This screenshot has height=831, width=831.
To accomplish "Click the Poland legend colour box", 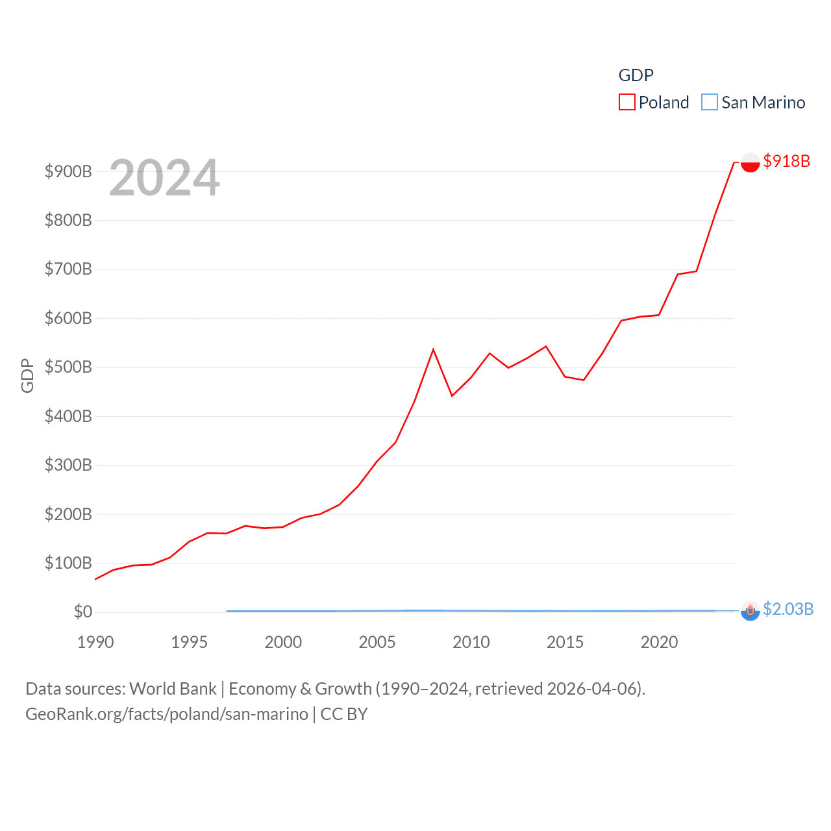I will point(626,103).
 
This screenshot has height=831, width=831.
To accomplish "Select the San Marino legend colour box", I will point(710,103).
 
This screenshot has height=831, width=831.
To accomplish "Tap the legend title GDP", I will point(636,75).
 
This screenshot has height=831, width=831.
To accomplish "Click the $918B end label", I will point(786,161).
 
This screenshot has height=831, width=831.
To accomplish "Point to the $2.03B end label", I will point(788,609).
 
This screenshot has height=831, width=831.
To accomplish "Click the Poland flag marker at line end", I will point(750,162).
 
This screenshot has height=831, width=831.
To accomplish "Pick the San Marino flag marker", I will point(750,611).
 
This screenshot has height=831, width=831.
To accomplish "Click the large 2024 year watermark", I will point(164,178).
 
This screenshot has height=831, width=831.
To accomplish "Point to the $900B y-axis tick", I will point(68,171).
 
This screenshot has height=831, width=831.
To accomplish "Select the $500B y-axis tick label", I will point(68,367).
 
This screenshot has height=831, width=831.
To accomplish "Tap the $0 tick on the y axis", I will point(82,612).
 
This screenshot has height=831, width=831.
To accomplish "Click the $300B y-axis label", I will point(68,465).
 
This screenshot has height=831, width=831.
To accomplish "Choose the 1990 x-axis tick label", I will point(95,642).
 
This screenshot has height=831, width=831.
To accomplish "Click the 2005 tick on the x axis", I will point(377,642).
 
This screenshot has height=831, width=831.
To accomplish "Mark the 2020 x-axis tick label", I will point(659,642).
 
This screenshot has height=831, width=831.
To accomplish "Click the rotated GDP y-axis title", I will point(27,375).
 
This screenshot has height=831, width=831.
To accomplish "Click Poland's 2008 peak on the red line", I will point(433,350).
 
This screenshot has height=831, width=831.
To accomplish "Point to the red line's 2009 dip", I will point(452,395).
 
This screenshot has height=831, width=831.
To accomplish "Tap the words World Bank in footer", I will point(173,688).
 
